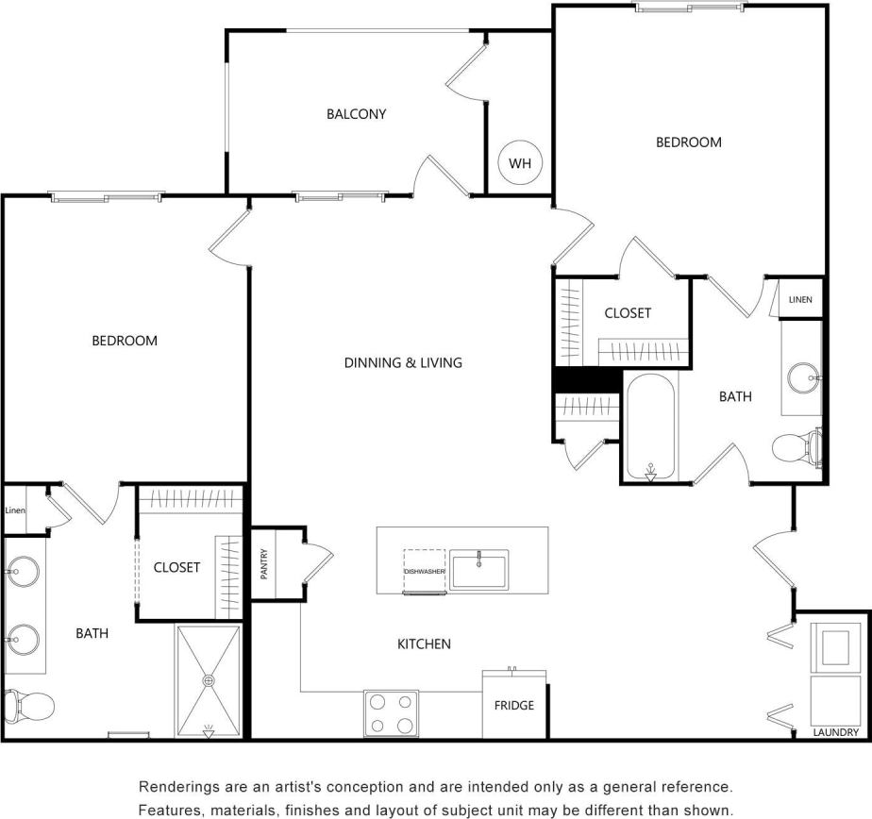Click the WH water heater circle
point(520,163)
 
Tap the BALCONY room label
point(356,114)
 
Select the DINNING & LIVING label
point(403,362)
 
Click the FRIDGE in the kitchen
point(514,705)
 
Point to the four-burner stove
point(391,713)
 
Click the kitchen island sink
point(478,570)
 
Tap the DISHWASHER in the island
point(425,571)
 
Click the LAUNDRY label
point(835,732)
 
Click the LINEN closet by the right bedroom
point(799,300)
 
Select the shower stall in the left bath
point(210,679)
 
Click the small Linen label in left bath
point(15,510)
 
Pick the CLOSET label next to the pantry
point(176,567)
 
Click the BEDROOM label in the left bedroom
point(124,341)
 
